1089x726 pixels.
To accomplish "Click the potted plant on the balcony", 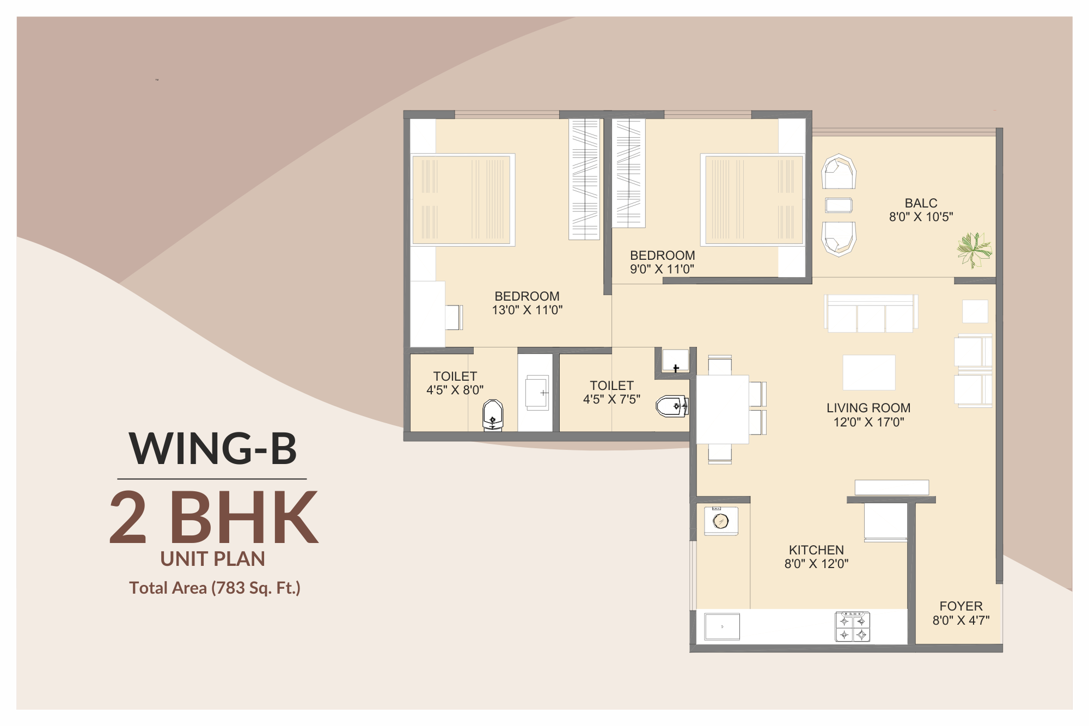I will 975,250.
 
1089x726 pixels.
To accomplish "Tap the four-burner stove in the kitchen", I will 852,627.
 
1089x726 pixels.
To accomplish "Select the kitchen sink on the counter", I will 722,626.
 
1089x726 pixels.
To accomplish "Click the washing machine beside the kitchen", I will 721,521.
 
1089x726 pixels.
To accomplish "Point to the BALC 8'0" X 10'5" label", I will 921,210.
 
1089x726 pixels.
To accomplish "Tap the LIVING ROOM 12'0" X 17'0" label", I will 868,414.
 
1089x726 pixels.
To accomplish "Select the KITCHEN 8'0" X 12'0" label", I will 816,557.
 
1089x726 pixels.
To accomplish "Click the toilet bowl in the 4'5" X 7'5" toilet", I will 672,406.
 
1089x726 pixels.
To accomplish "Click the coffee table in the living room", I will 868,373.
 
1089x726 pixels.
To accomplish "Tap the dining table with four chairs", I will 723,410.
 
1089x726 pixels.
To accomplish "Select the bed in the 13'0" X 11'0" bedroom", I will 462,200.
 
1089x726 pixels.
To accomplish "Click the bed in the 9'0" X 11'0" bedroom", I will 753,200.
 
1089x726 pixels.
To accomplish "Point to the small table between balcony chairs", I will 839,205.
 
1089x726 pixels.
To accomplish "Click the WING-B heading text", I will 213,449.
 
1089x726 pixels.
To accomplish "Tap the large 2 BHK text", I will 213,517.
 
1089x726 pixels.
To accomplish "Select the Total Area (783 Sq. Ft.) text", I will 215,588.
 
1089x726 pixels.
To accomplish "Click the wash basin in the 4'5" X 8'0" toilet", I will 536,392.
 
